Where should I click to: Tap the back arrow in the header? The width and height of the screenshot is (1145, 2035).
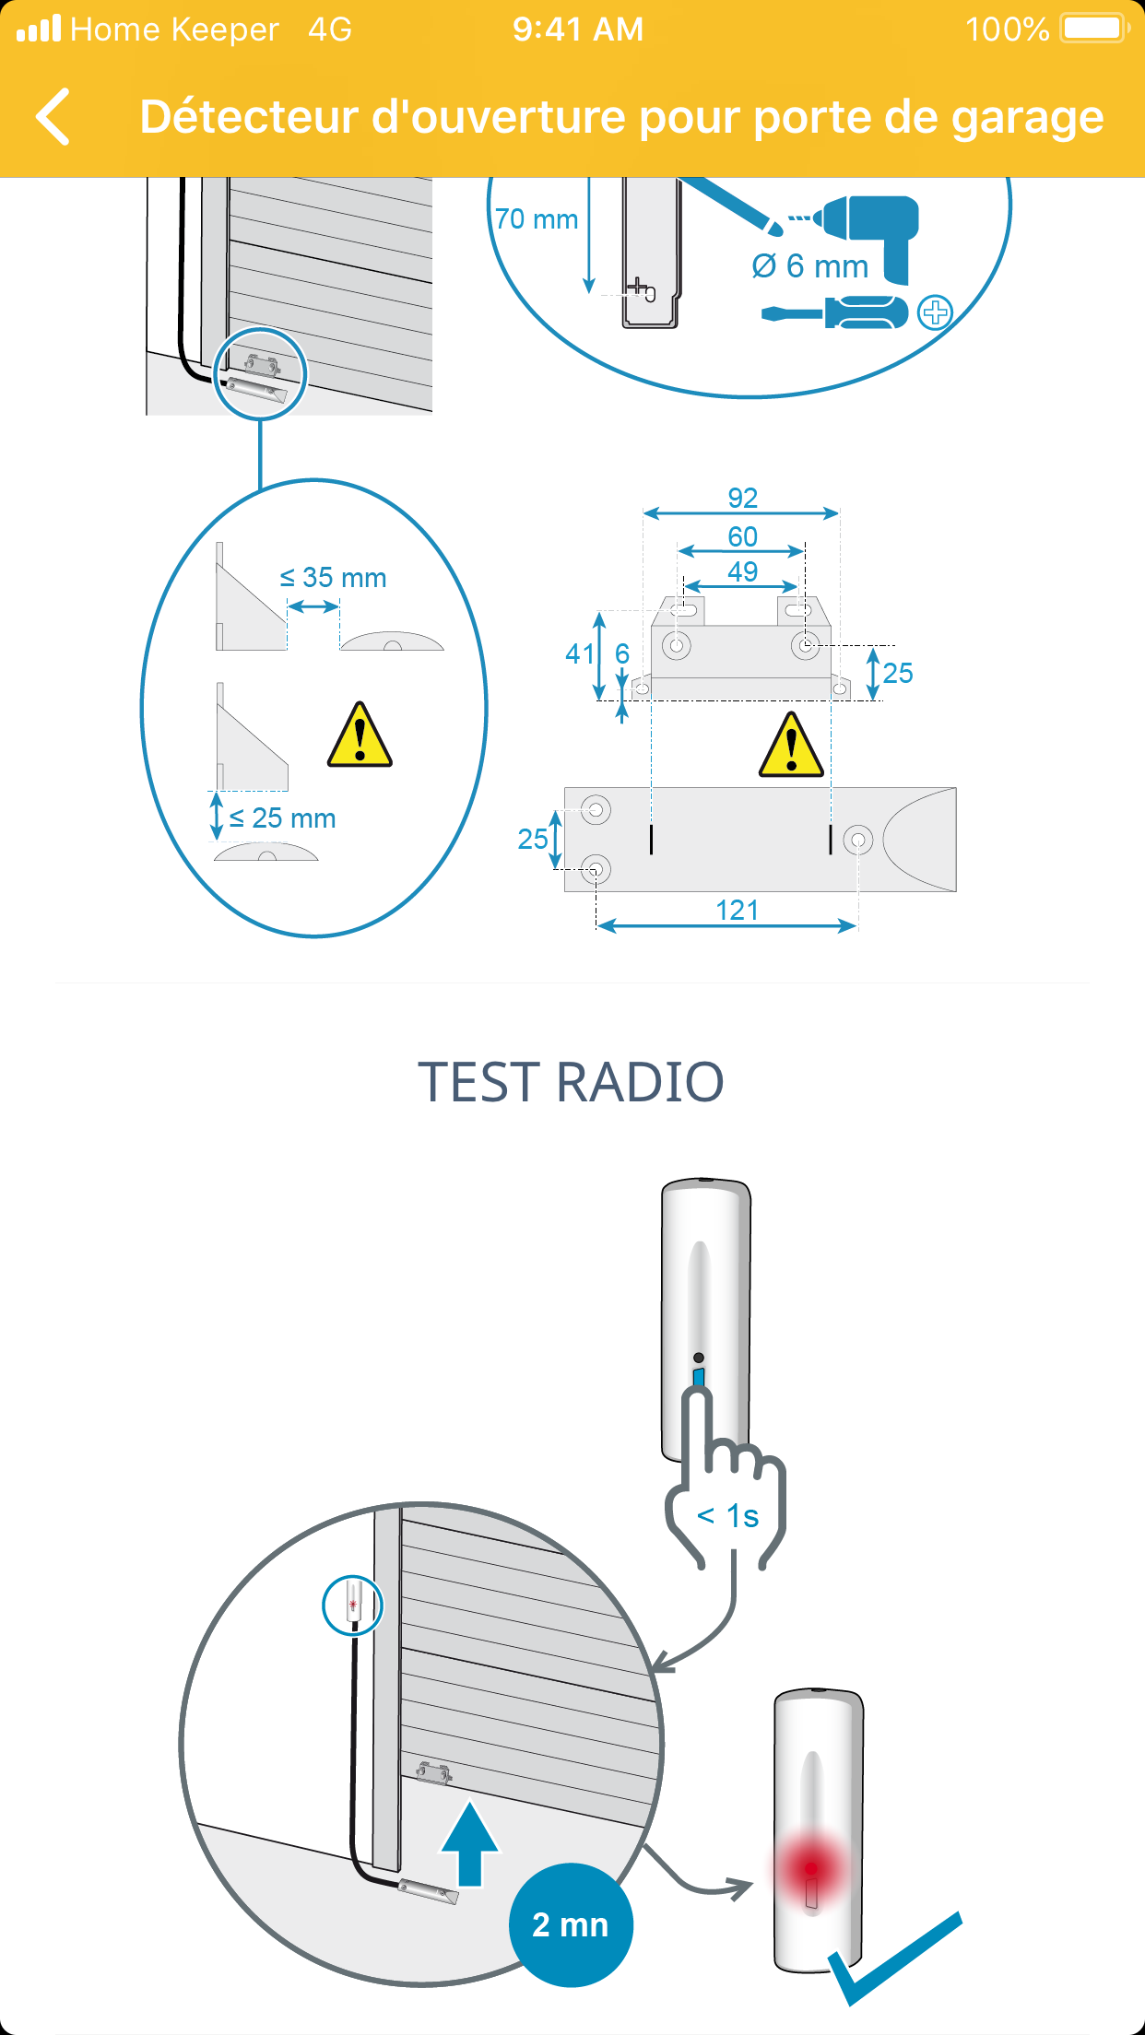(x=53, y=117)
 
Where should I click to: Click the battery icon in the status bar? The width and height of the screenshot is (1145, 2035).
(x=1095, y=29)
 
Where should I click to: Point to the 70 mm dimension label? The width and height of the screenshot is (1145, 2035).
(x=537, y=219)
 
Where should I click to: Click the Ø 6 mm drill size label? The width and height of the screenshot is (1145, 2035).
(x=810, y=266)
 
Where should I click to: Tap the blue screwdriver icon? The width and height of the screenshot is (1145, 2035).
(x=835, y=313)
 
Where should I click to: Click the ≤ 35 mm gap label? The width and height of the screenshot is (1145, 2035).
(x=334, y=578)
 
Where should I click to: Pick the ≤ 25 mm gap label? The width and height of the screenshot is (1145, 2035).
(x=282, y=818)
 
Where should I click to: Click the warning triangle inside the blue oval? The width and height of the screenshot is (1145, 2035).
(x=360, y=735)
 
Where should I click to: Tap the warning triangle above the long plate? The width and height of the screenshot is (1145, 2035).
(x=791, y=745)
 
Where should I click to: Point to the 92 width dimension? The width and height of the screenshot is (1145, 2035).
(x=743, y=498)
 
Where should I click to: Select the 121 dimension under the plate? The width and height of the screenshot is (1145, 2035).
(x=738, y=910)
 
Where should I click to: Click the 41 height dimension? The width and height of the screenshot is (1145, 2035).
(x=580, y=653)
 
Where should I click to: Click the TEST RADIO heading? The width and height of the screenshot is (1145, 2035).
(x=572, y=1082)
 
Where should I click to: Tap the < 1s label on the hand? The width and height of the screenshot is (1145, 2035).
(x=728, y=1516)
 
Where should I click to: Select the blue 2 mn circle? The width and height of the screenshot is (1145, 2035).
(x=571, y=1924)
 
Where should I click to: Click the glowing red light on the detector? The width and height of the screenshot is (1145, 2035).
(x=811, y=1869)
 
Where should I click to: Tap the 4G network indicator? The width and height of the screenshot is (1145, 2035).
(x=330, y=29)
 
